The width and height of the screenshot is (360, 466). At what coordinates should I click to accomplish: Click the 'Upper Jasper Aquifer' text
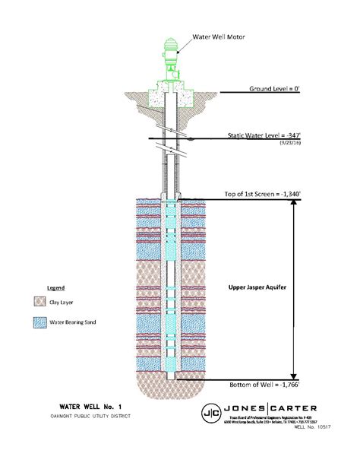click(x=257, y=288)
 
